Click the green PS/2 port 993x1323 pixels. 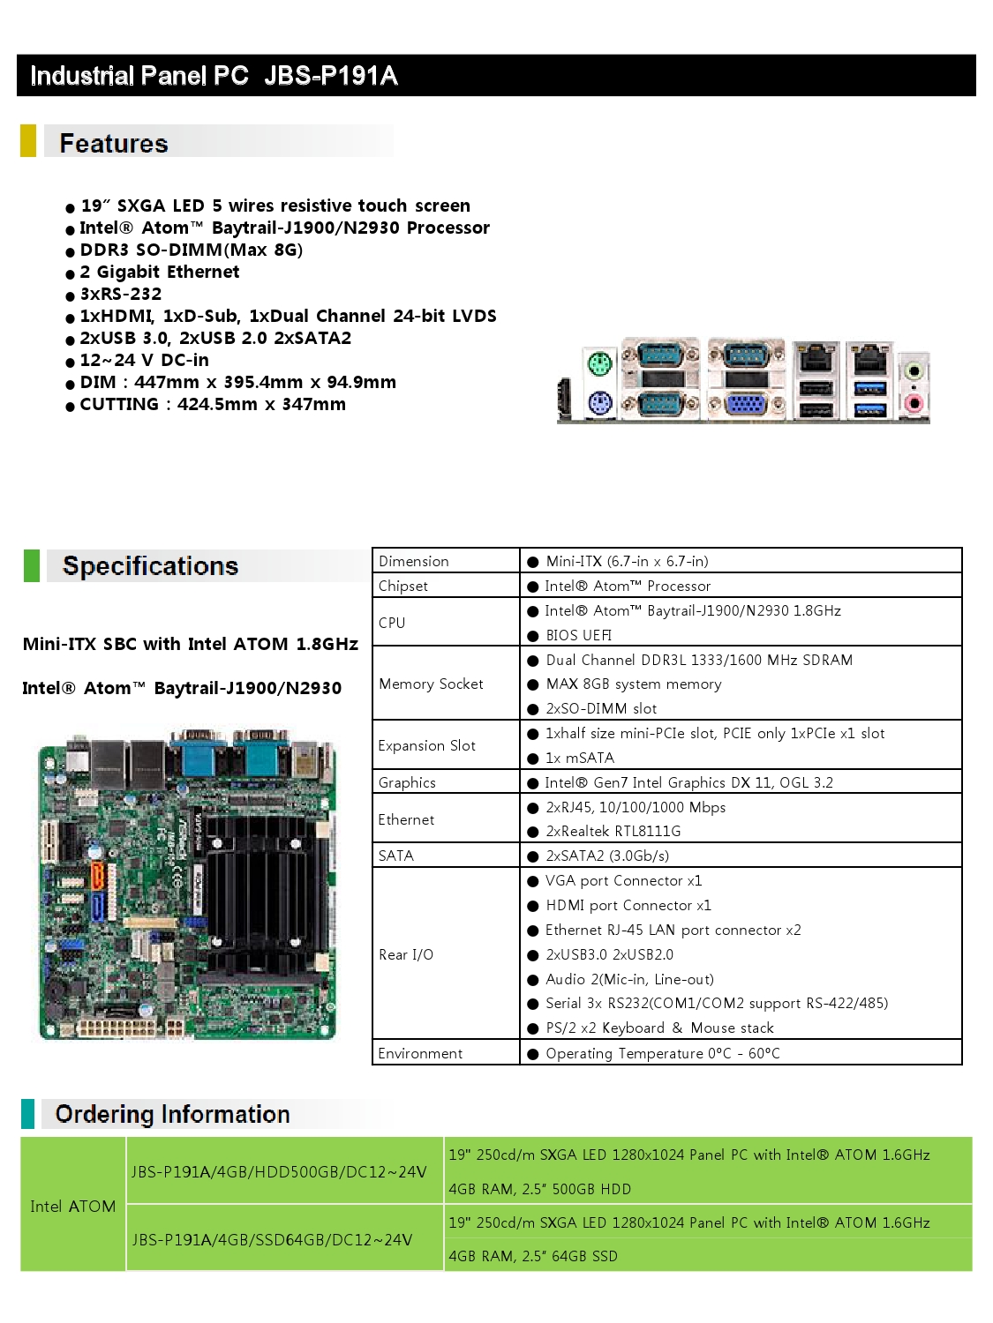click(x=599, y=363)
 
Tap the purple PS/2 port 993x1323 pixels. click(x=599, y=402)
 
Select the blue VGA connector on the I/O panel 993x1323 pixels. click(x=746, y=404)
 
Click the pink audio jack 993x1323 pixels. click(x=914, y=402)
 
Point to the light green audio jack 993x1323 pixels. click(x=914, y=369)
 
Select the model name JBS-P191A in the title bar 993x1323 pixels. click(x=330, y=76)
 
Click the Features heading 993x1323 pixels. click(x=114, y=144)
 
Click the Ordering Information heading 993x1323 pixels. click(x=172, y=1115)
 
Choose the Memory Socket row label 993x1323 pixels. click(x=431, y=684)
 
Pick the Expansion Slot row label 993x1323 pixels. click(x=427, y=745)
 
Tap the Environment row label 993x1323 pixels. click(x=420, y=1053)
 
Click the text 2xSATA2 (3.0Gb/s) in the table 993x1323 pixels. click(x=607, y=856)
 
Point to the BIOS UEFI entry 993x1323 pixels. click(x=579, y=635)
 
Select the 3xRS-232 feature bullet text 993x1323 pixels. click(x=121, y=294)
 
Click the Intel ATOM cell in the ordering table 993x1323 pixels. click(x=73, y=1206)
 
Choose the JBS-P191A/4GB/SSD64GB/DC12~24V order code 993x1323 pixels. click(x=273, y=1240)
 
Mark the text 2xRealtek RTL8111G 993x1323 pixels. click(x=613, y=831)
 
